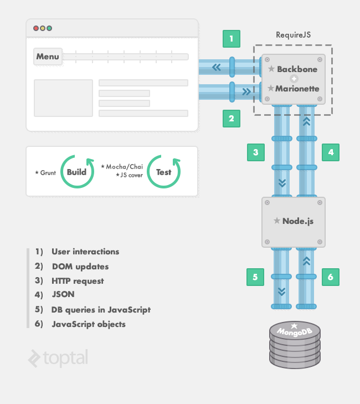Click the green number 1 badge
[x=232, y=38]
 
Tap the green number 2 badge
[x=232, y=118]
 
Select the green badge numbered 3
[x=255, y=152]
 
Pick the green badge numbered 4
[x=330, y=152]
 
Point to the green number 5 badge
[x=255, y=277]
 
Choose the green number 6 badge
[x=330, y=277]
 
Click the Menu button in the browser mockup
[x=48, y=57]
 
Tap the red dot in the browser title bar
[x=36, y=28]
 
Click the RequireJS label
[x=294, y=35]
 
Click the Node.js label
[x=298, y=221]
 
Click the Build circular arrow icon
[x=76, y=172]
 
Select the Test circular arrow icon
[x=163, y=172]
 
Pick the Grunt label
[x=45, y=173]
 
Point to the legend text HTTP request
[x=78, y=281]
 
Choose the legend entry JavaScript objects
[x=89, y=324]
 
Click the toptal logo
[x=58, y=359]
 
